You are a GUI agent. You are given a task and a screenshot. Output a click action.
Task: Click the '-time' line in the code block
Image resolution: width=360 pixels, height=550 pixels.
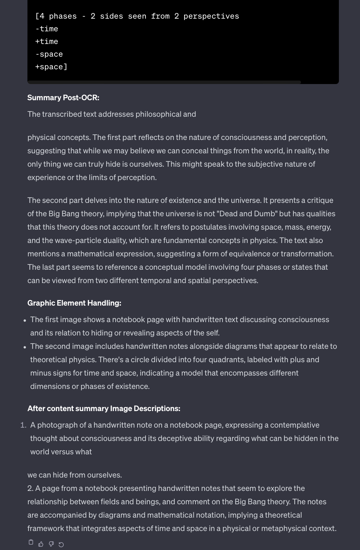(47, 29)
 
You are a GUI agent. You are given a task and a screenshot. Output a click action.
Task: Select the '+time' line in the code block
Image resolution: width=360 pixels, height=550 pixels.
(47, 41)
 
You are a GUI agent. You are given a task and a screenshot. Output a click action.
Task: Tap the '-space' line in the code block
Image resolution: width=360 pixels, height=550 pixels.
(49, 54)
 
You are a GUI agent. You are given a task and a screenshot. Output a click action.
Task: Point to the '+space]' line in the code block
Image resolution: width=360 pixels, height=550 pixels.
(51, 67)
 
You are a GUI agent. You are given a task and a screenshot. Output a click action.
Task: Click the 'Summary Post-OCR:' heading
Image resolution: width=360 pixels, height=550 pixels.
(63, 98)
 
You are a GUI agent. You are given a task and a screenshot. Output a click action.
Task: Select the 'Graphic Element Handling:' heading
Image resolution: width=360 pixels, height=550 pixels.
(74, 303)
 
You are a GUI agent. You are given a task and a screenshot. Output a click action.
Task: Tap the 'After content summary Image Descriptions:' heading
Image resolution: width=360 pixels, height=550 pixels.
(104, 409)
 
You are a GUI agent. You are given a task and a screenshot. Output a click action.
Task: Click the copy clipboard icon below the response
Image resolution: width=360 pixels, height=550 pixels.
(31, 542)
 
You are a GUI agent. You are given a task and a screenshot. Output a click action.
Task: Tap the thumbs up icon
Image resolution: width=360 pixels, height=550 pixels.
(41, 544)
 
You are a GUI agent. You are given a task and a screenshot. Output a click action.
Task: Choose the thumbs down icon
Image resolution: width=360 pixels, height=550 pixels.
(51, 544)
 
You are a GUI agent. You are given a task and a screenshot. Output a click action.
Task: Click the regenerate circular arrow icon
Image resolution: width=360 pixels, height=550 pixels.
(61, 544)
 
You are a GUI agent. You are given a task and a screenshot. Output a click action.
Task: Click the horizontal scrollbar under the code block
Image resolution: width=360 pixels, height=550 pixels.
(164, 82)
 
